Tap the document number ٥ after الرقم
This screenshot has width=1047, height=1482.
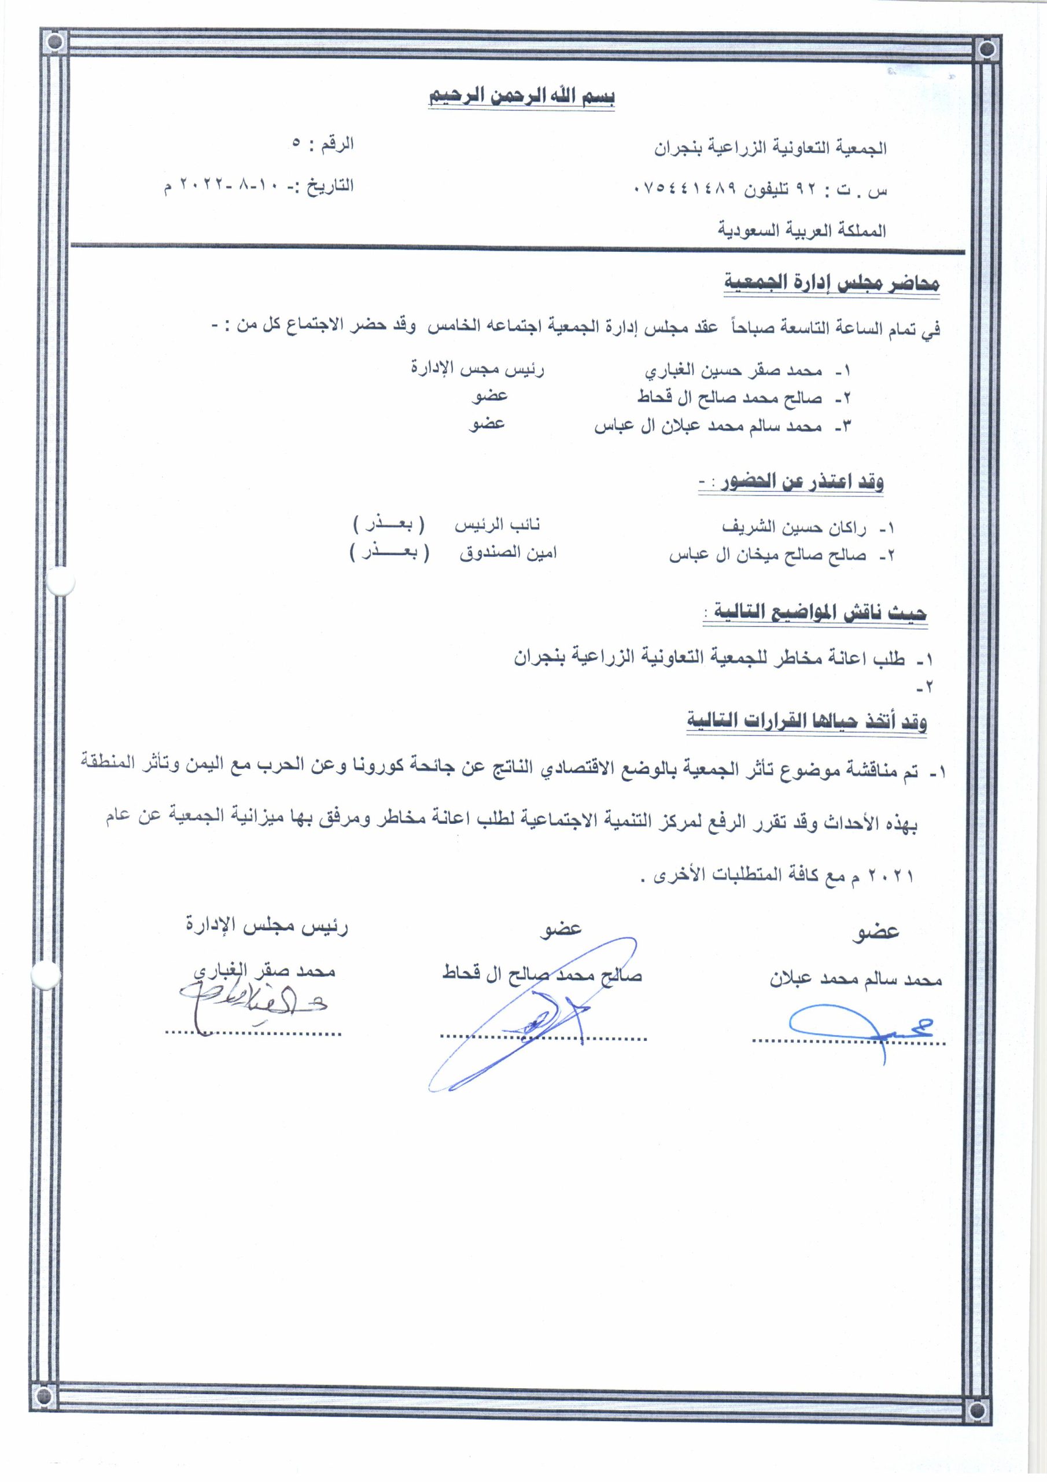[x=296, y=144]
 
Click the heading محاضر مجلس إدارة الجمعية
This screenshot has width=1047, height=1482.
[x=832, y=283]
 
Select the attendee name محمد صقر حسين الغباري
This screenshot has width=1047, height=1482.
[x=733, y=371]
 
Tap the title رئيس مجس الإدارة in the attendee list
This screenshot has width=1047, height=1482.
[x=478, y=369]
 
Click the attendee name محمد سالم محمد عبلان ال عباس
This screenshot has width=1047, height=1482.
[x=707, y=427]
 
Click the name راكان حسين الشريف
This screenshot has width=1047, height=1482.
[x=794, y=527]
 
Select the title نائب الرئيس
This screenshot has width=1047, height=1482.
[x=497, y=524]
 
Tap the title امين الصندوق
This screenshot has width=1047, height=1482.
[x=508, y=553]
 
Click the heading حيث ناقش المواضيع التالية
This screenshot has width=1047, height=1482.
[x=816, y=612]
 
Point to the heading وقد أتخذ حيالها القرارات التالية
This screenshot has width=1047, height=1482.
[x=806, y=721]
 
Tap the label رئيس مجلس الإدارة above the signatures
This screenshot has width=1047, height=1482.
[x=267, y=926]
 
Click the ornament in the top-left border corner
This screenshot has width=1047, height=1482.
[x=56, y=44]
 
